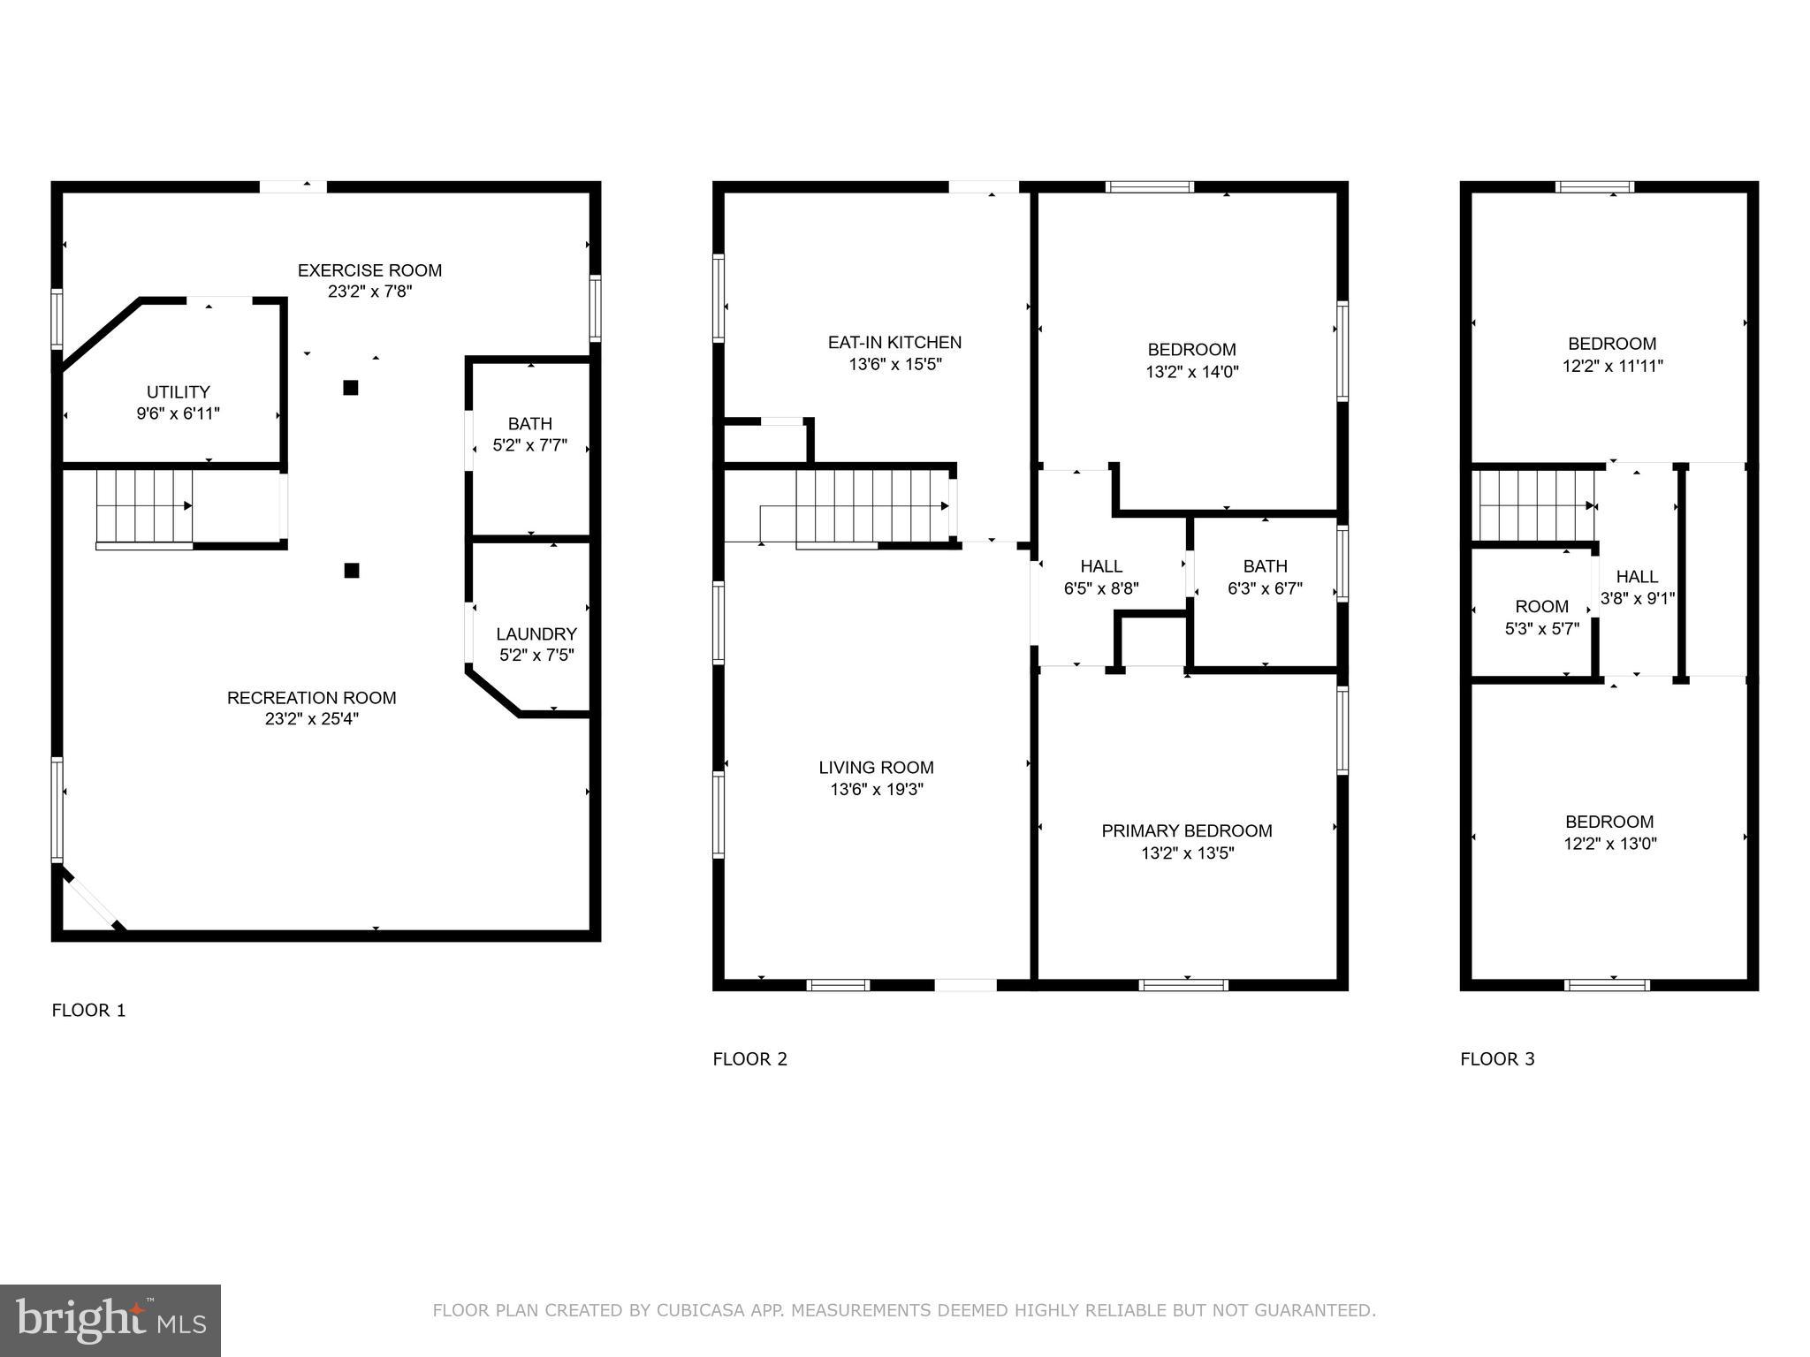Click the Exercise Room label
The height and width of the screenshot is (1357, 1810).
(x=369, y=270)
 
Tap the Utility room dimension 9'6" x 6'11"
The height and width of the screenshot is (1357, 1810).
(x=178, y=413)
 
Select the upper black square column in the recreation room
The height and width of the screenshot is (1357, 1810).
(x=351, y=388)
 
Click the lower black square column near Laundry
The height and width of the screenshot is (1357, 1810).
(x=352, y=571)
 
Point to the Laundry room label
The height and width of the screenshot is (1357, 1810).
(x=536, y=633)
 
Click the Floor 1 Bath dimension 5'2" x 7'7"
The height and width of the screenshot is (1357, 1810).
(x=529, y=445)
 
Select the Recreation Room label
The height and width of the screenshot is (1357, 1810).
(x=311, y=698)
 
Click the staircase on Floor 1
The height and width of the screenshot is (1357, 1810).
(x=144, y=506)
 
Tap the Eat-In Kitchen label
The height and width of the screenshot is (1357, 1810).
(x=894, y=342)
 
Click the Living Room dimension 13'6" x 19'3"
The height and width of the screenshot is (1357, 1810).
(x=876, y=790)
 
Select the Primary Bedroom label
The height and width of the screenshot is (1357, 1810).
(x=1186, y=830)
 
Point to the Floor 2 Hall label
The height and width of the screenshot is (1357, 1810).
(x=1101, y=566)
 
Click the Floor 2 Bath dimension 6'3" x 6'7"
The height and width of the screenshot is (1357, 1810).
(x=1265, y=588)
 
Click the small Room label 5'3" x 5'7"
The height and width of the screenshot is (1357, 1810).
(x=1541, y=607)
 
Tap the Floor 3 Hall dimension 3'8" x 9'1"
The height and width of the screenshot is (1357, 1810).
(x=1637, y=599)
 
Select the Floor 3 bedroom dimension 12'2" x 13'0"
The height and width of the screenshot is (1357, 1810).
(x=1609, y=844)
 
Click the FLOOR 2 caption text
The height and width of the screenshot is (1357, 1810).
(x=749, y=1058)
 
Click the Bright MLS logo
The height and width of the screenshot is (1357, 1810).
(x=110, y=1321)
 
